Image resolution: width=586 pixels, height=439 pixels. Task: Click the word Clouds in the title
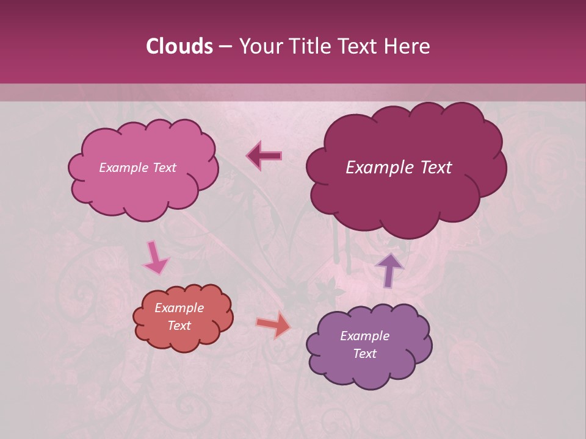[x=179, y=46]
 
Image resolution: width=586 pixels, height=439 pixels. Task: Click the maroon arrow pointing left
[x=264, y=155]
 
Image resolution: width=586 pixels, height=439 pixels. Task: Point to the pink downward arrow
[x=155, y=258]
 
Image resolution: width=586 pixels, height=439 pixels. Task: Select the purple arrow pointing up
[x=389, y=269]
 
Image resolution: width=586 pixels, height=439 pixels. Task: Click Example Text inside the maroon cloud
[x=399, y=168]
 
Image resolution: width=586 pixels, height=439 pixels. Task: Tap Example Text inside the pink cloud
[x=137, y=168]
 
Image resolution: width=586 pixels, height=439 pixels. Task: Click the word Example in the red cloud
[x=179, y=308]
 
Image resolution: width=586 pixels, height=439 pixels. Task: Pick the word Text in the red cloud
[x=179, y=326]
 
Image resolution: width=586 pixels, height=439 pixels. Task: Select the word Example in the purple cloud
[x=364, y=336]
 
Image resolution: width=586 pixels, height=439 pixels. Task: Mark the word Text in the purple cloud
[x=364, y=354]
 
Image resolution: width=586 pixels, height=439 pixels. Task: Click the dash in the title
[x=225, y=46]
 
